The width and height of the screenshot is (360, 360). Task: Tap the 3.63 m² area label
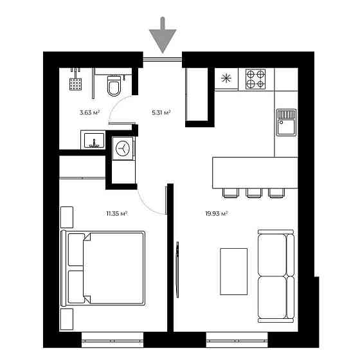[x=89, y=113]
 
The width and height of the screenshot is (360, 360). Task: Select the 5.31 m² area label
[x=161, y=113]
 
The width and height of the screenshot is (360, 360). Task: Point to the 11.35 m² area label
[x=116, y=213]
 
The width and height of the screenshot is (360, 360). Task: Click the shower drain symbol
[x=76, y=83]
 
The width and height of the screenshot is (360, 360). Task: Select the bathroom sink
[x=94, y=139]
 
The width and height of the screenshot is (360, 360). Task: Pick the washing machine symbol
[x=122, y=148]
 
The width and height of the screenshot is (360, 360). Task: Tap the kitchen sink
[x=286, y=122]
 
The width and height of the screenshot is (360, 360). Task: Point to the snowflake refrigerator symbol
[x=226, y=79]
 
